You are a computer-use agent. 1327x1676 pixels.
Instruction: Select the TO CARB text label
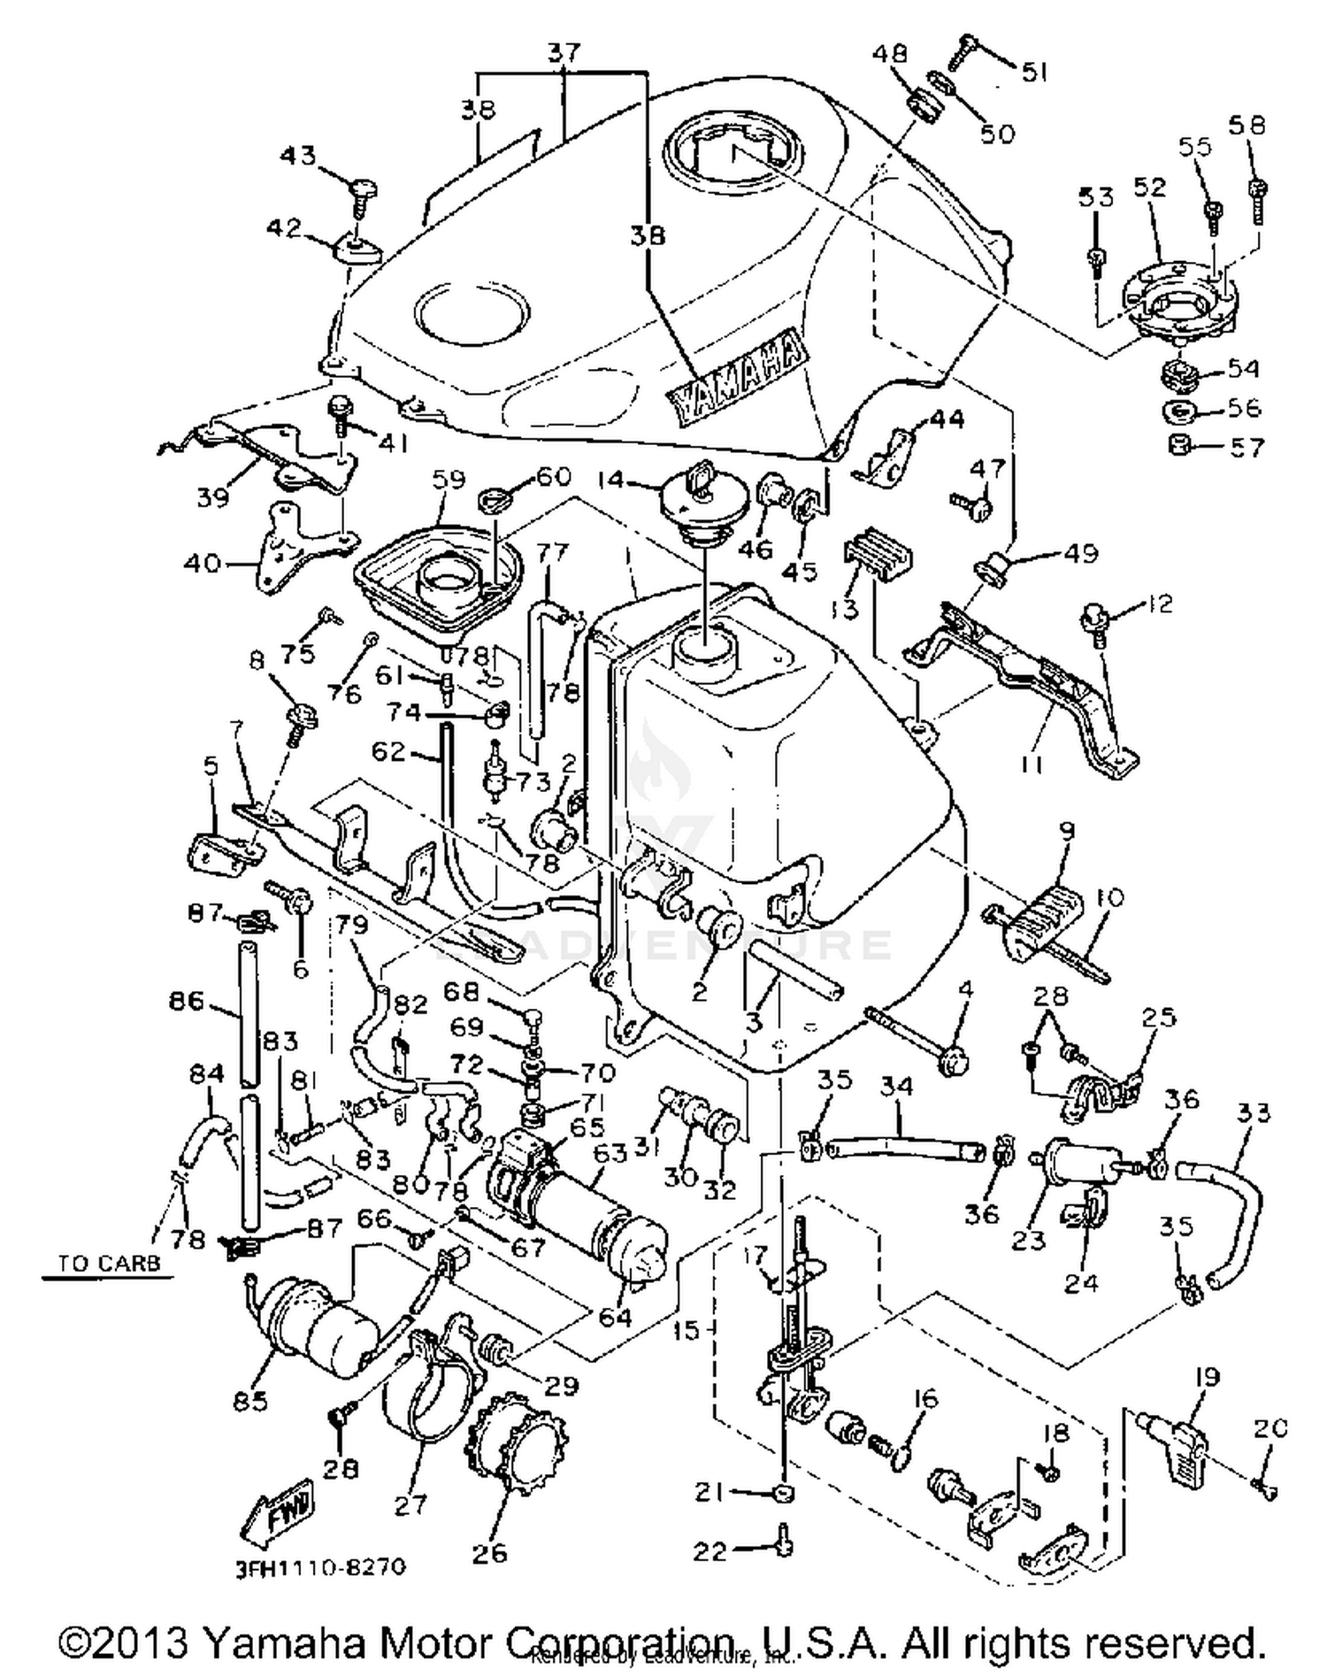click(x=110, y=1264)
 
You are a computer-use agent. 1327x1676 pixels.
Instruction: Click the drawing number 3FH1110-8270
click(x=321, y=1567)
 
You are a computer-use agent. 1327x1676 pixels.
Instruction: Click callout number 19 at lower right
click(x=1207, y=1377)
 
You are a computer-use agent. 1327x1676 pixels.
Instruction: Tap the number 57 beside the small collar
click(x=1247, y=448)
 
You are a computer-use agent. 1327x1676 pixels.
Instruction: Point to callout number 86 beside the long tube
click(x=187, y=1002)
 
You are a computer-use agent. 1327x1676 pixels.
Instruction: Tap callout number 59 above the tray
click(x=448, y=479)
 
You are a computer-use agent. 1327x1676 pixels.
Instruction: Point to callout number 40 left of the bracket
click(x=202, y=562)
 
